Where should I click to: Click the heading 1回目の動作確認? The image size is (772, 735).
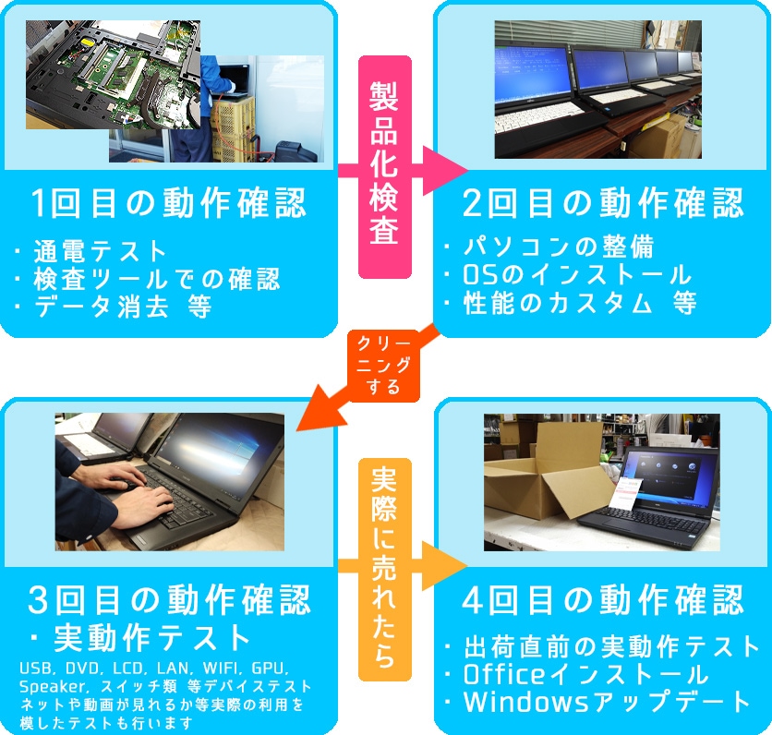(168, 203)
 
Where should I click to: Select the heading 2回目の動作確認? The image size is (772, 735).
(603, 203)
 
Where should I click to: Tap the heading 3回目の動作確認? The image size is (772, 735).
(169, 600)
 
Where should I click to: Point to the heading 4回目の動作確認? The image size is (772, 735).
(603, 600)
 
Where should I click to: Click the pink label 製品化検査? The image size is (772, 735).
(384, 166)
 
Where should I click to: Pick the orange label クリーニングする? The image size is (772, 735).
(383, 366)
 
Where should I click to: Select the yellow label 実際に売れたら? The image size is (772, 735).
(384, 570)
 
